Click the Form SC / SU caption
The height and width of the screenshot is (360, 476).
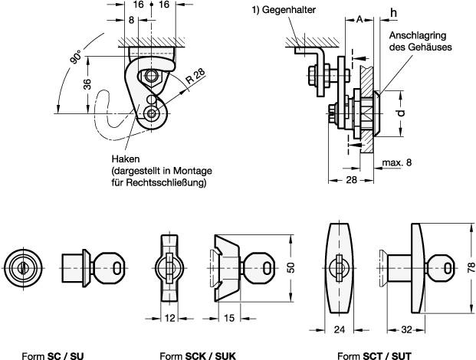(53, 355)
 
